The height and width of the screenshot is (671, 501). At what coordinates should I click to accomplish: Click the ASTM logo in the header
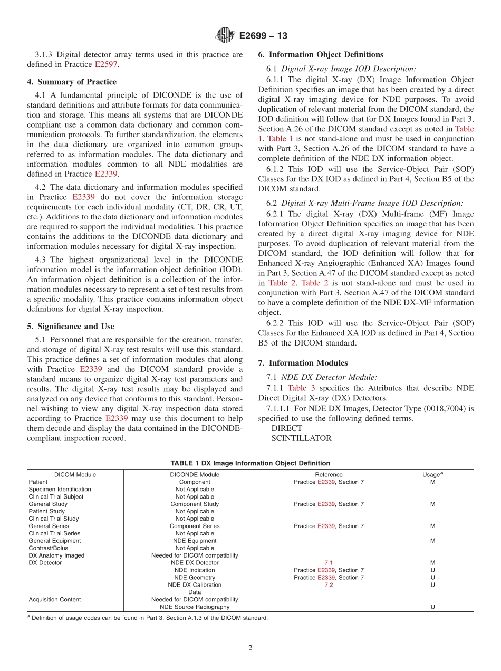[x=225, y=36]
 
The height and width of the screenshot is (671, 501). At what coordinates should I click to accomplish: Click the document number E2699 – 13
[x=263, y=36]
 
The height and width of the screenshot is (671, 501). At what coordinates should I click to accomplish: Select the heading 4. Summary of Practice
[x=72, y=82]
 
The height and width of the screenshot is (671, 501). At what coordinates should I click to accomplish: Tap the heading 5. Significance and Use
[x=70, y=327]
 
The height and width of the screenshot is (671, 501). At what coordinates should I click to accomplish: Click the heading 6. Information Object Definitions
[x=321, y=54]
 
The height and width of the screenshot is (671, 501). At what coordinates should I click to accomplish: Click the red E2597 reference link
[x=106, y=64]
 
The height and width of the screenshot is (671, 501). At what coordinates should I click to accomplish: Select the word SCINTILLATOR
[x=301, y=438]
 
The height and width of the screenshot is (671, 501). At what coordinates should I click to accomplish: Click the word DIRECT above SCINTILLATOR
[x=286, y=428]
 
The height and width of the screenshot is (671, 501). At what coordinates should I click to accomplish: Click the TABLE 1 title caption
[x=250, y=463]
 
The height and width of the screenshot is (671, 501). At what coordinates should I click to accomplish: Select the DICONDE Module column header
[x=195, y=474]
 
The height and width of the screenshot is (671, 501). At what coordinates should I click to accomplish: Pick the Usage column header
[x=432, y=474]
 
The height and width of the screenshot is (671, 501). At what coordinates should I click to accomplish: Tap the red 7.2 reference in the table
[x=329, y=585]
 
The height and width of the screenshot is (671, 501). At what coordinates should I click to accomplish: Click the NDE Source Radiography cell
[x=195, y=607]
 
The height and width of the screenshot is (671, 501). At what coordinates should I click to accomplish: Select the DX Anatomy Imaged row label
[x=56, y=555]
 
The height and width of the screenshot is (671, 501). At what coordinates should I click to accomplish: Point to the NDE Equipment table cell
[x=195, y=541]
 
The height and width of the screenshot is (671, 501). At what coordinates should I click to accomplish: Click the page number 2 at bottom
[x=250, y=648]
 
